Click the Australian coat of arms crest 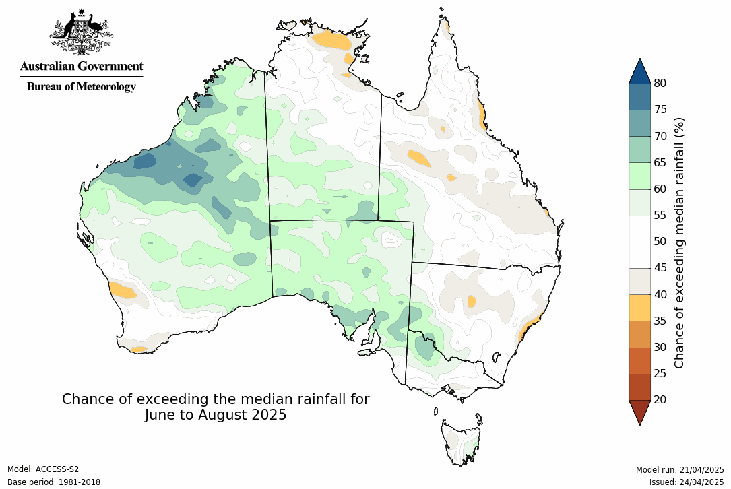pos(81,32)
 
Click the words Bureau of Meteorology pos(82,86)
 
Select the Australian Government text pos(82,66)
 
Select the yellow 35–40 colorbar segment pos(639,307)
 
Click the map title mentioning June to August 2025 pos(216,407)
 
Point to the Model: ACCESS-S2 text pos(43,469)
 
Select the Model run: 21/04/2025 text pos(679,469)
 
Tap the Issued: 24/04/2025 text pos(686,482)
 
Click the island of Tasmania pos(462,442)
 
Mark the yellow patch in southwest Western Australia pos(123,291)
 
